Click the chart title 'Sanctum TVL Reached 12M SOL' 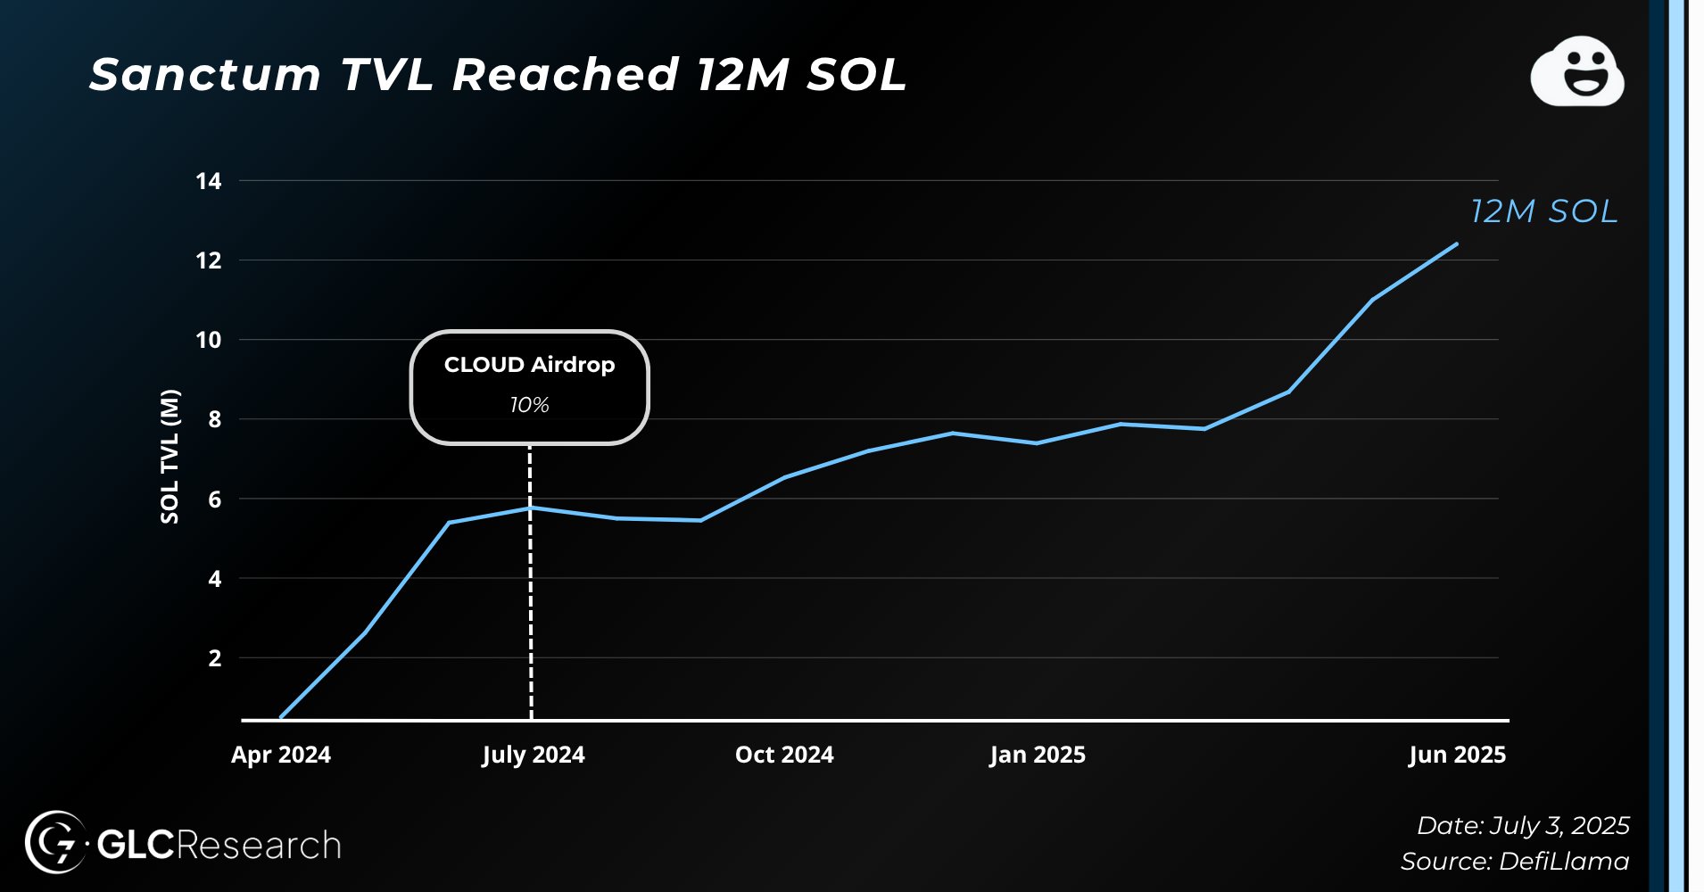point(498,74)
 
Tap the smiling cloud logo point(1577,72)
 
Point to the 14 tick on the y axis point(209,181)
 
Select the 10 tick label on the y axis point(209,340)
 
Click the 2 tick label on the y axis point(214,658)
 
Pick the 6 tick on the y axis point(214,500)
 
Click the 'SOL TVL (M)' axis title point(170,456)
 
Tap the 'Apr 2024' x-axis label point(281,755)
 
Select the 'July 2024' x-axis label point(533,755)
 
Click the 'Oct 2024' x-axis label point(784,755)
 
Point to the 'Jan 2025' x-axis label point(1037,755)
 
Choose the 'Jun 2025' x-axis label point(1457,755)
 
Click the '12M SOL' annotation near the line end point(1543,211)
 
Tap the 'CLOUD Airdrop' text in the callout point(529,365)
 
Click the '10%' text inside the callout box point(529,405)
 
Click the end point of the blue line point(1456,244)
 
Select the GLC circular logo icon point(55,841)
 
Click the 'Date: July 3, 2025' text point(1523,825)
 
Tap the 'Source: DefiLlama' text point(1514,861)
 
